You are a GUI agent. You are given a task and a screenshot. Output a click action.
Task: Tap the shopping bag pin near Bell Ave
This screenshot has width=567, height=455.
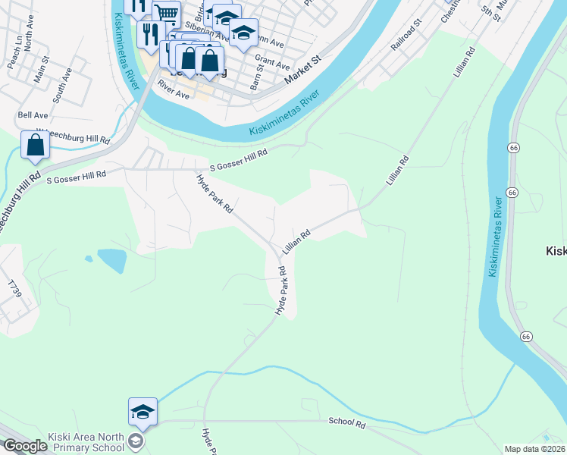tap(35, 146)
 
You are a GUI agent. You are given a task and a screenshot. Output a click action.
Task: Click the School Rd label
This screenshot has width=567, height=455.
tap(347, 422)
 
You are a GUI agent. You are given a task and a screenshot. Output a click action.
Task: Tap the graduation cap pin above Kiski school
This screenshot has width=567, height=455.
tap(143, 412)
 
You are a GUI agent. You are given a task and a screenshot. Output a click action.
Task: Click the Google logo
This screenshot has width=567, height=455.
tap(25, 446)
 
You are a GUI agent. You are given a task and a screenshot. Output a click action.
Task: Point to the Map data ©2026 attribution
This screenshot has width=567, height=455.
tap(534, 449)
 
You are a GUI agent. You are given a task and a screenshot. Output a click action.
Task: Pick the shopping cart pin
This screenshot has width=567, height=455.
tap(166, 14)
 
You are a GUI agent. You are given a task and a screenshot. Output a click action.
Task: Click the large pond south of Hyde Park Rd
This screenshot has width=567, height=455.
tap(111, 260)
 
